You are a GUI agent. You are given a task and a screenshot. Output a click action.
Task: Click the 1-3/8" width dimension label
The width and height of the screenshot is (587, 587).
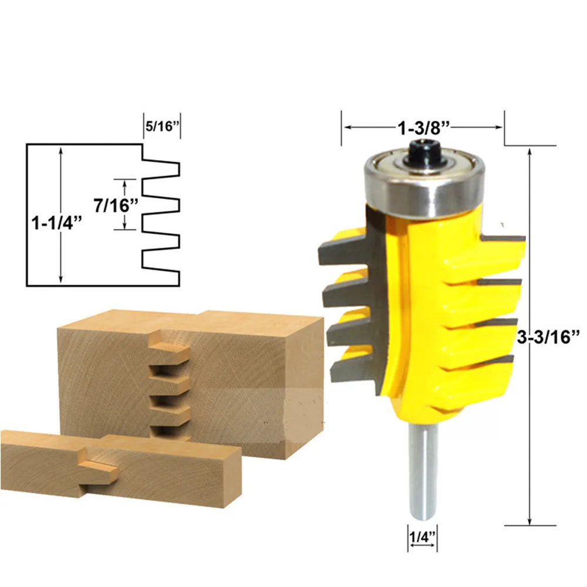[x=423, y=126]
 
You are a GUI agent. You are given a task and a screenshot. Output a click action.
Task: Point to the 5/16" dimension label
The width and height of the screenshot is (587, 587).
[x=161, y=126]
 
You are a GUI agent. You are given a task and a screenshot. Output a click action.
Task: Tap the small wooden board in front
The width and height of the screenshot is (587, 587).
[x=117, y=464]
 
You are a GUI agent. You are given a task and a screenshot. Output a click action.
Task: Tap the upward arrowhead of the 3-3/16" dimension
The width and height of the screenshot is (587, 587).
[x=531, y=151]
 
